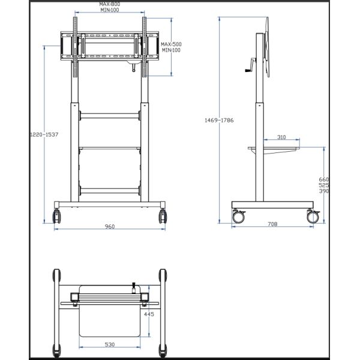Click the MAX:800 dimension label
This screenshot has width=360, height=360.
(x=110, y=4)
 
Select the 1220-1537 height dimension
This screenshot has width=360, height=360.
(x=44, y=135)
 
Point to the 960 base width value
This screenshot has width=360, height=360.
(x=110, y=227)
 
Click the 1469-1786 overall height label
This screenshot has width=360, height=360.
(x=219, y=121)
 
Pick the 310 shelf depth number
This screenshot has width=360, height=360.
(x=281, y=137)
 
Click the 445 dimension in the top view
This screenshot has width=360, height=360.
(x=149, y=314)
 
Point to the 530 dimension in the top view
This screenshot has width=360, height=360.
(x=110, y=344)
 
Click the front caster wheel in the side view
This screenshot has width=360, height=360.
(x=239, y=217)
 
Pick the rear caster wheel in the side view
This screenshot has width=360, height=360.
(x=313, y=217)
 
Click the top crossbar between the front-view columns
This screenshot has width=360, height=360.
(x=110, y=115)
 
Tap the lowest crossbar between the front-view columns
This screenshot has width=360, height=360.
(x=110, y=190)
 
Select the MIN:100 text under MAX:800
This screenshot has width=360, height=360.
(x=110, y=10)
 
